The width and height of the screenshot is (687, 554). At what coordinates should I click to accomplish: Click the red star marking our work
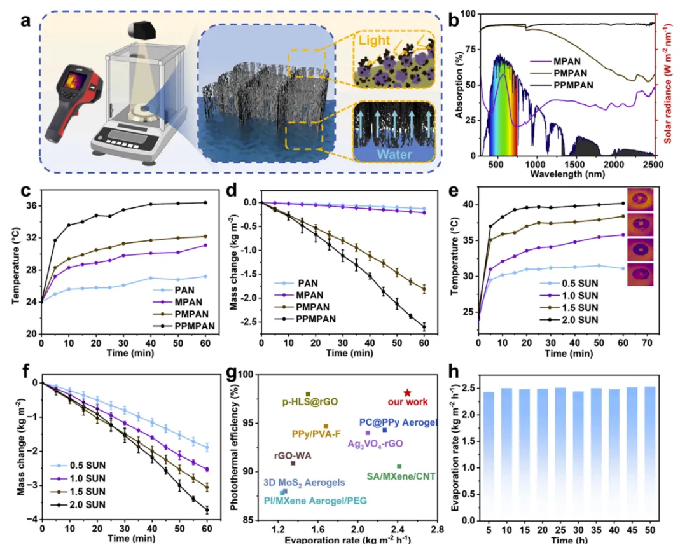(x=407, y=393)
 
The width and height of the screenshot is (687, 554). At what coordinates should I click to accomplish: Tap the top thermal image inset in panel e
(x=640, y=199)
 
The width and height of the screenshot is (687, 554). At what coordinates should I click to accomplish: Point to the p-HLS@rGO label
(x=310, y=403)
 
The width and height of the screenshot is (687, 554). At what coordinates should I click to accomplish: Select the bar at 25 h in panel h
(x=560, y=454)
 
